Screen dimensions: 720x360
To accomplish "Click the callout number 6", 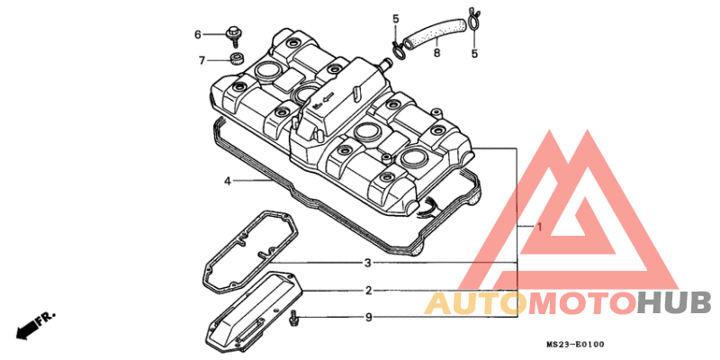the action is click(x=198, y=34).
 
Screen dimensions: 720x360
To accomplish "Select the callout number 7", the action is click(x=202, y=60).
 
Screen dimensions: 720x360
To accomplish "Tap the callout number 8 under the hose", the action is click(x=436, y=53).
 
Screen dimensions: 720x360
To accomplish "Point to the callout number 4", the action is click(x=228, y=181).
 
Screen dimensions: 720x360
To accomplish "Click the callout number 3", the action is click(x=367, y=263).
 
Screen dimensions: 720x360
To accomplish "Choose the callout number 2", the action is click(x=368, y=291).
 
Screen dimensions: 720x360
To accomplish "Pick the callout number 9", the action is click(x=368, y=318).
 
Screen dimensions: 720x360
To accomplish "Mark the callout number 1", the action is click(x=540, y=228).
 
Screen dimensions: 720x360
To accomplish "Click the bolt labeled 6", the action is click(x=233, y=37).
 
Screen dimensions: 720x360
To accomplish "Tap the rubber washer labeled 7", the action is click(x=237, y=58).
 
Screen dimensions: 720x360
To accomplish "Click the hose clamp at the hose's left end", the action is click(x=399, y=49).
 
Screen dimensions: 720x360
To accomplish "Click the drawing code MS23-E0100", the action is click(x=576, y=344).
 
